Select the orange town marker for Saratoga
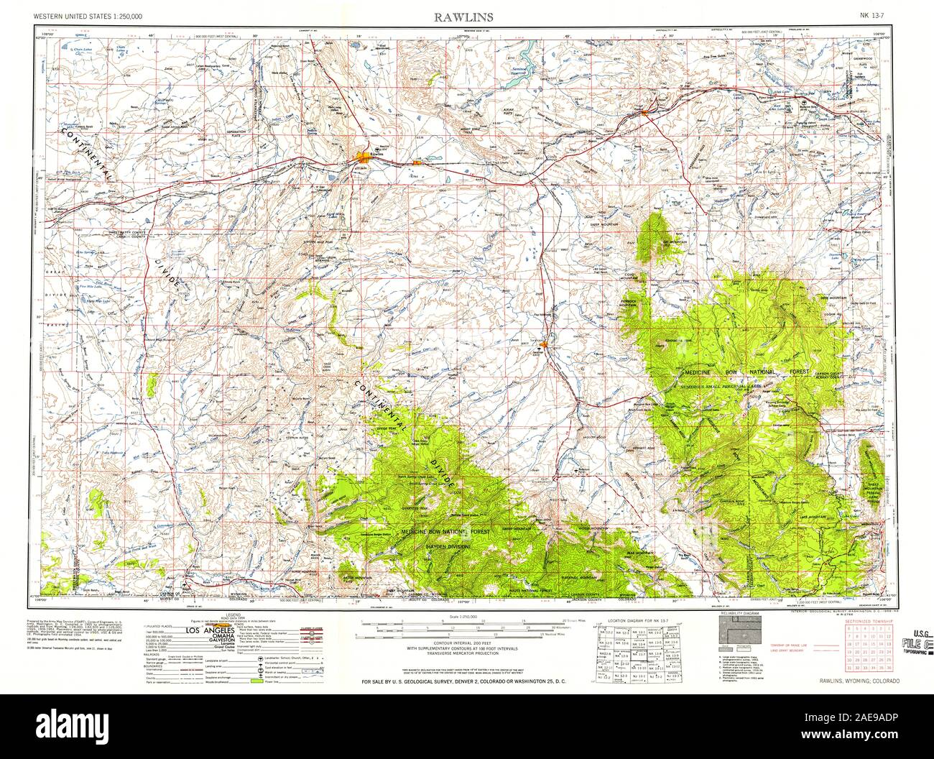(x=545, y=346)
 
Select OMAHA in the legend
(x=215, y=638)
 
